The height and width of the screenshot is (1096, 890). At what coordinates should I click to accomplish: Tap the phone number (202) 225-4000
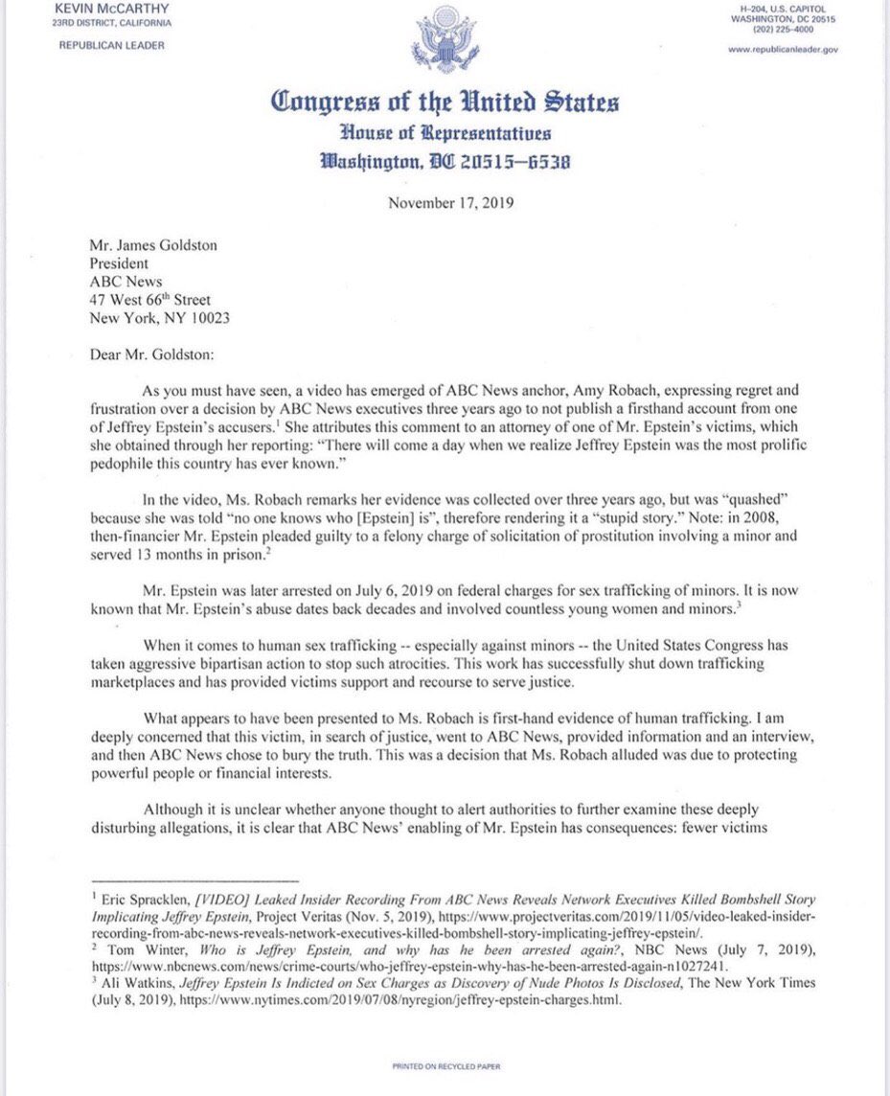[784, 28]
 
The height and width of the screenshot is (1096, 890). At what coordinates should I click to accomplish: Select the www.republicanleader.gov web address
[784, 49]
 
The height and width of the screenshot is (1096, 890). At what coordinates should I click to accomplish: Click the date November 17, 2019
[445, 202]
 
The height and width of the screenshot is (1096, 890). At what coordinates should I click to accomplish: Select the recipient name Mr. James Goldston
[152, 245]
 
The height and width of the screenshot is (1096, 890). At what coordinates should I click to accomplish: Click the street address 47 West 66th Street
[149, 300]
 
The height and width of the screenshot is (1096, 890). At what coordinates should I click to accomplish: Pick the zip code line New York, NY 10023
[159, 318]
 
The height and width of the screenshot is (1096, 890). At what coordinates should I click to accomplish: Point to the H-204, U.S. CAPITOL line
[784, 8]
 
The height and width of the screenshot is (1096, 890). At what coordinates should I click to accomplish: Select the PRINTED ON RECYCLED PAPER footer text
[445, 1065]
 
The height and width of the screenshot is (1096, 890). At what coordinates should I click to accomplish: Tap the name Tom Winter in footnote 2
[134, 943]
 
